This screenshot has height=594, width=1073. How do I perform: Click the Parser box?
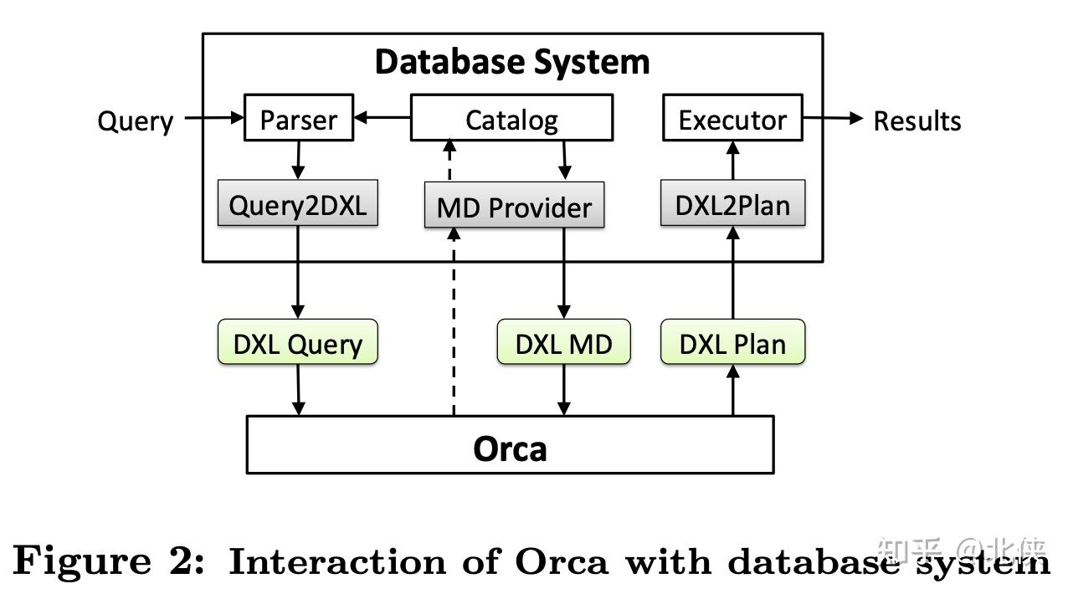(298, 120)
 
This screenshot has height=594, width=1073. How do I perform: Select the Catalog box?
(511, 120)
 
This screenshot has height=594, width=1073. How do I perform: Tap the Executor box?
(732, 120)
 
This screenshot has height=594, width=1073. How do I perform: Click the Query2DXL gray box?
(297, 204)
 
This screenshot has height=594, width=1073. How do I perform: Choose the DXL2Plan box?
(732, 204)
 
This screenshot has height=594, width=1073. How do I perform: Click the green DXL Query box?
(297, 343)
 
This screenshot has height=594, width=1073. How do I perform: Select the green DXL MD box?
(563, 343)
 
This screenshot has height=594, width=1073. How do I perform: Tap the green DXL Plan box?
(732, 343)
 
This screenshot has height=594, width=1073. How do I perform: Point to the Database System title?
(511, 62)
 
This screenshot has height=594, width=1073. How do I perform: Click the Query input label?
(135, 120)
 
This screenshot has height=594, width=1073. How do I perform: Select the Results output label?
(916, 120)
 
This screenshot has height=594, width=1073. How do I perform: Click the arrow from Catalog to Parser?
(382, 118)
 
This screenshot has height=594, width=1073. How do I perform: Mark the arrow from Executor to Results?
(832, 118)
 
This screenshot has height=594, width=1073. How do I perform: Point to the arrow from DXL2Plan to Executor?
(733, 161)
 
